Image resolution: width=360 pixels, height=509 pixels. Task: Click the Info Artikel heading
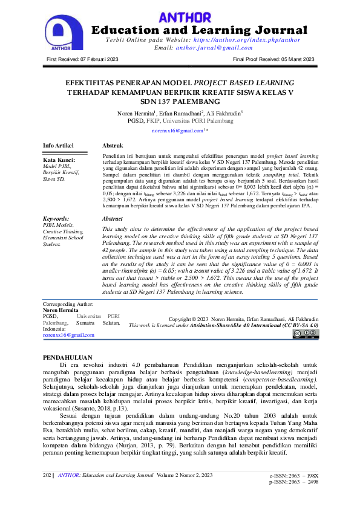click(x=58, y=146)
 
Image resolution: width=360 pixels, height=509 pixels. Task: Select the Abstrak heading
click(x=113, y=146)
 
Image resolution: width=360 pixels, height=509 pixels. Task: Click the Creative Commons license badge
click(x=306, y=333)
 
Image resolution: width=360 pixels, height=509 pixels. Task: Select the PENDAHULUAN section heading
click(x=70, y=357)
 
